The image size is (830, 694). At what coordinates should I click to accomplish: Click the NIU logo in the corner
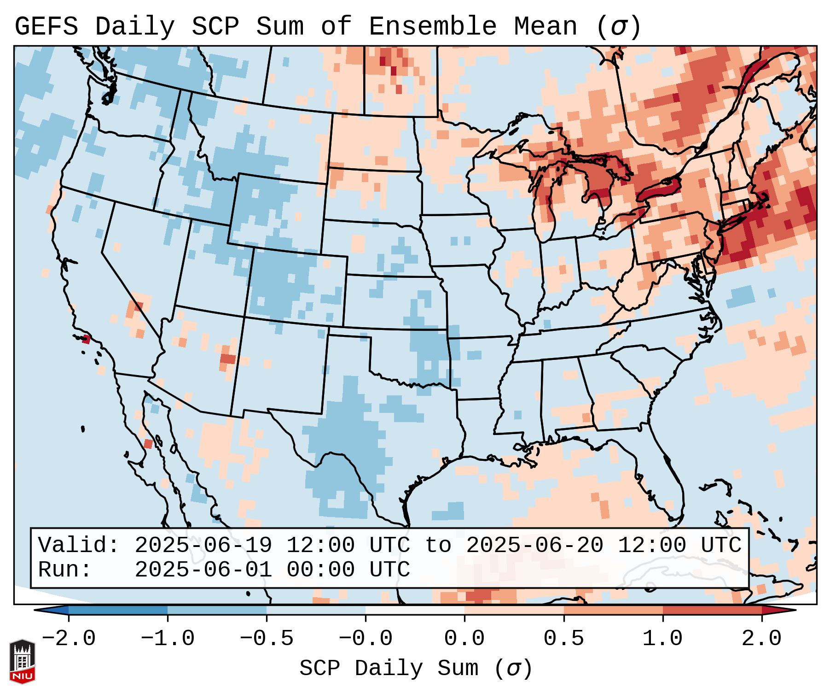(22, 661)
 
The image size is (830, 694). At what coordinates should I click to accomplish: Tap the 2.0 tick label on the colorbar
(761, 639)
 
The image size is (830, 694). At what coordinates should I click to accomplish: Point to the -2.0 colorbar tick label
(68, 639)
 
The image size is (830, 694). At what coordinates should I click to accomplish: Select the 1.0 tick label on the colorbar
(662, 639)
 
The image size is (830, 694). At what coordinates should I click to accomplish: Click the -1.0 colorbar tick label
(167, 639)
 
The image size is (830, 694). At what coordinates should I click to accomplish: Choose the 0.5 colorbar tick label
(563, 639)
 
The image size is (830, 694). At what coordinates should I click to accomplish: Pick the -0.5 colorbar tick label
(266, 639)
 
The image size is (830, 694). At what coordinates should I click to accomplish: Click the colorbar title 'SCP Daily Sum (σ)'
(415, 669)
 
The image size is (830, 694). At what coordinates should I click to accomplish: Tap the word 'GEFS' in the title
(46, 27)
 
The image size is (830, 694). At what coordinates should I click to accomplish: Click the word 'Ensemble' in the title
(433, 27)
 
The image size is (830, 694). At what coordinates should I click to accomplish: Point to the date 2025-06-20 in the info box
(534, 546)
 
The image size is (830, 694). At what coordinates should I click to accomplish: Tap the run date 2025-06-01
(203, 570)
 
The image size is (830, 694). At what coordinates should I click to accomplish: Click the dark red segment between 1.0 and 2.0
(712, 611)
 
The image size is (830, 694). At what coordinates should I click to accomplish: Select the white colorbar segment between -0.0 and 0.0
(415, 611)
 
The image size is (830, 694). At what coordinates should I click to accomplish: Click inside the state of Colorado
(295, 286)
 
